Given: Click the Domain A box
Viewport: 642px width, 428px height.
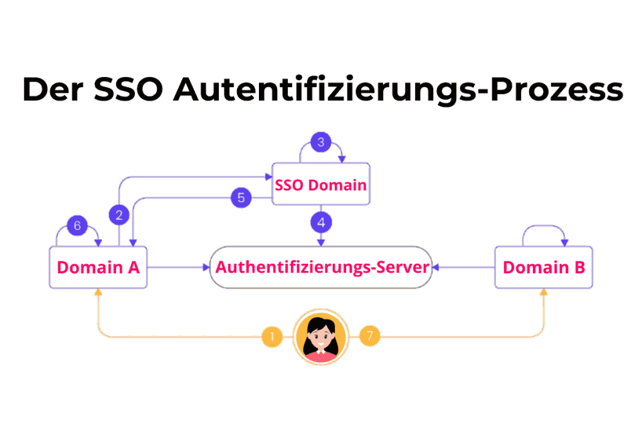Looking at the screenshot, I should pos(98,268).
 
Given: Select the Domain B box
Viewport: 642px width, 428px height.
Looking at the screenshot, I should pos(544,268).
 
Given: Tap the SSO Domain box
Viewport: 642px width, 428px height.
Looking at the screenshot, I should pos(320,185).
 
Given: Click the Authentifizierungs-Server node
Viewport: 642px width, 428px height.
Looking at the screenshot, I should pos(322,267).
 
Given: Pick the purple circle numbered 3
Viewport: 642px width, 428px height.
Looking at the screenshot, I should pos(321,142).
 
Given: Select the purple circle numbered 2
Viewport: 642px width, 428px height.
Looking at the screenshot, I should pos(119,216).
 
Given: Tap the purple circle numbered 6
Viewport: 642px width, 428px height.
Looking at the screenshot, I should pos(78,226).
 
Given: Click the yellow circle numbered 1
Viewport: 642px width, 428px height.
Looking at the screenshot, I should pos(271,337).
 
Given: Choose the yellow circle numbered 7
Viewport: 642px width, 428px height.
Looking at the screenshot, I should pos(370,337).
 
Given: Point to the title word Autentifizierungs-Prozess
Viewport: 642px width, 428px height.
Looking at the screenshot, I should pos(398,89).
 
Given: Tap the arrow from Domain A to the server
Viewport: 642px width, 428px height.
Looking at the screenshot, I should pos(178,268).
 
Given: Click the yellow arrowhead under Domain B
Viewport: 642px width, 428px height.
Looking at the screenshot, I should pos(544,293).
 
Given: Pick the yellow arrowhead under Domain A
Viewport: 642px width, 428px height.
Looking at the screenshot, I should pos(98,293).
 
